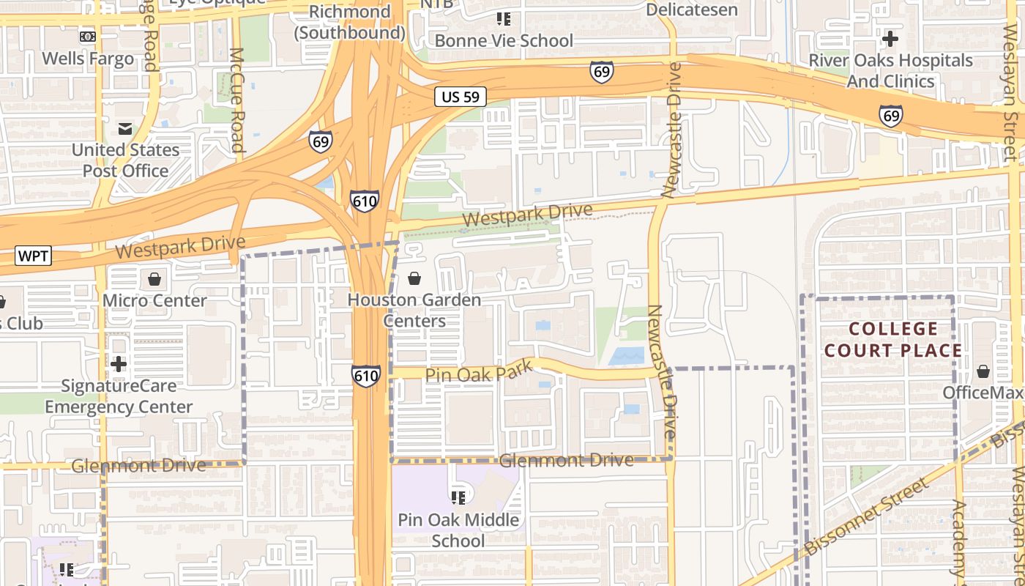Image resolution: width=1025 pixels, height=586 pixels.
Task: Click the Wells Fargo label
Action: point(88,59)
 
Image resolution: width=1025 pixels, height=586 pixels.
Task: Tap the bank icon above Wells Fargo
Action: point(88,37)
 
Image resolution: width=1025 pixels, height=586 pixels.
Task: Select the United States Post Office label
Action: point(125,160)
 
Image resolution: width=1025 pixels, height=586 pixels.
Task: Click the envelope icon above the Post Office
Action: point(125,130)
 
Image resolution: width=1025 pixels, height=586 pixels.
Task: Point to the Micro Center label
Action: point(154,300)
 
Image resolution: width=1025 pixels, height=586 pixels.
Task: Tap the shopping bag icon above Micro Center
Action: point(154,279)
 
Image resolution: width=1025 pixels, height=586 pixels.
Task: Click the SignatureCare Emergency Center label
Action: point(119,396)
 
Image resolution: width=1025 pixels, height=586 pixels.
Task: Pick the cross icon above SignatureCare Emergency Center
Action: point(119,364)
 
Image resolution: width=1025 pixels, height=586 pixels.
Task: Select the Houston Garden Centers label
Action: point(414,311)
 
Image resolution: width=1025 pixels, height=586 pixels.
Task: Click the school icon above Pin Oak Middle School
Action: point(458,499)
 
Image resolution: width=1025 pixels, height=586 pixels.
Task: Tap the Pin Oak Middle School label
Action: point(458,530)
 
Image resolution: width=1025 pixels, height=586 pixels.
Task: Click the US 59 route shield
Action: point(461,96)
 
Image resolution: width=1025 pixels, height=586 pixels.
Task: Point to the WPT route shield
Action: point(33,256)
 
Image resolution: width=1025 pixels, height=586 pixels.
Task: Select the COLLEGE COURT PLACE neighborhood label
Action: point(893,339)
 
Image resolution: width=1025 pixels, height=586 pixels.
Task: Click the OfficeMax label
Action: point(981,393)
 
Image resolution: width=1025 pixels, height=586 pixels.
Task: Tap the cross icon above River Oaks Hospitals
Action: point(890,38)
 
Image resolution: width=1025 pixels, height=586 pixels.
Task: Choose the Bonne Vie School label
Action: point(504,41)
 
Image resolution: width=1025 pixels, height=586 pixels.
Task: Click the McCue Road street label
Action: point(236,100)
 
